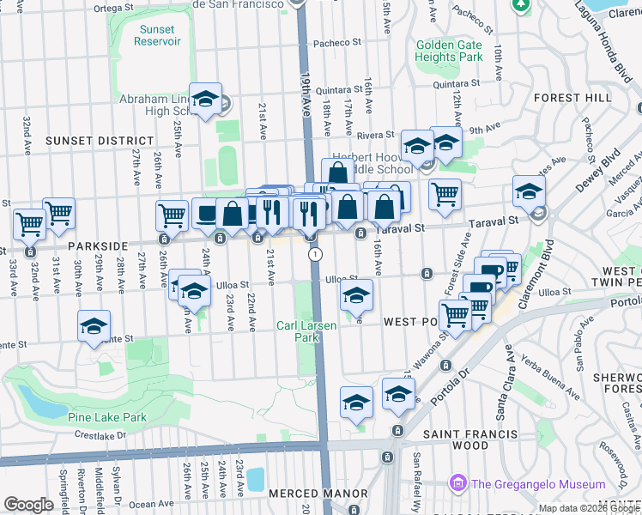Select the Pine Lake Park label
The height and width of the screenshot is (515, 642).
[106, 418]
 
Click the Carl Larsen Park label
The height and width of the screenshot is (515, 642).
[298, 331]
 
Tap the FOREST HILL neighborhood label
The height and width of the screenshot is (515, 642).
[572, 98]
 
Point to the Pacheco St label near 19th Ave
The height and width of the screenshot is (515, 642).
[336, 43]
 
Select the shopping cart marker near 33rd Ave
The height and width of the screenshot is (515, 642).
[29, 224]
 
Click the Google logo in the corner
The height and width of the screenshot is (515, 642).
[28, 505]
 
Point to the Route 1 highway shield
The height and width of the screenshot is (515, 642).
[317, 254]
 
